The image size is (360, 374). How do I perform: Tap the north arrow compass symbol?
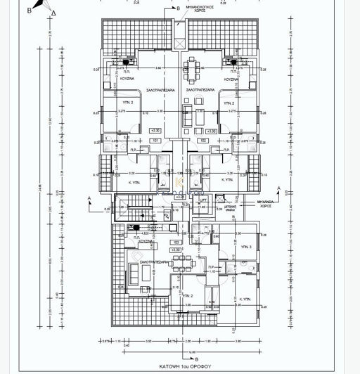[x=51, y=12]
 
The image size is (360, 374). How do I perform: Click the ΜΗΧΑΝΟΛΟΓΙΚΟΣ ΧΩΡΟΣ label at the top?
[x=202, y=12]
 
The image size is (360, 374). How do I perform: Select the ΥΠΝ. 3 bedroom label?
[x=245, y=248]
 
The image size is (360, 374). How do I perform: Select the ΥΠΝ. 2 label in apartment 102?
[x=228, y=103]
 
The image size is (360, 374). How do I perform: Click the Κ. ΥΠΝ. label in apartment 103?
[x=245, y=299]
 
